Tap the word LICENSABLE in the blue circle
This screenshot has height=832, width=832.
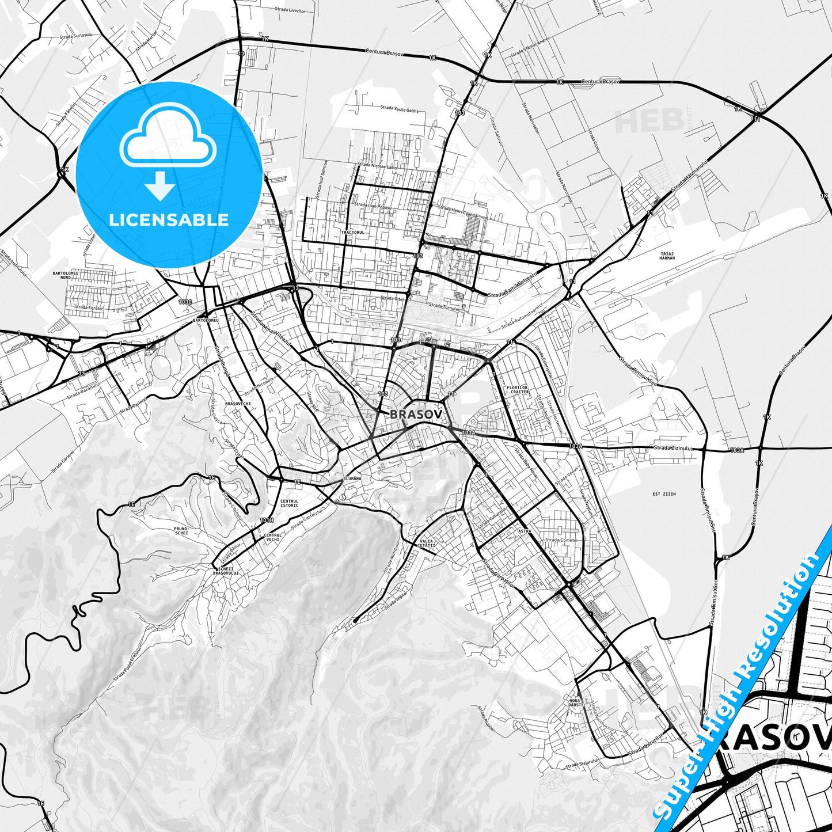(169, 220)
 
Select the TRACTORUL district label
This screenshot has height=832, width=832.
(353, 232)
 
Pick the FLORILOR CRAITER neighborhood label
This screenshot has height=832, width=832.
(518, 390)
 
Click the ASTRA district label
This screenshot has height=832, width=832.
(525, 531)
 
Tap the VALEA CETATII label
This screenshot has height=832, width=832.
(427, 544)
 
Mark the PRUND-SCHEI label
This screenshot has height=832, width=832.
(181, 530)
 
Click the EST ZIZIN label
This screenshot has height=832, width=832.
(664, 494)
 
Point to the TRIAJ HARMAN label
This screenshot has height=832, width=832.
(667, 256)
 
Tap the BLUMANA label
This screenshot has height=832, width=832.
(352, 478)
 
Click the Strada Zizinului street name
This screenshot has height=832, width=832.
(673, 448)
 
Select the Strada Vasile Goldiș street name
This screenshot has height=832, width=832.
(399, 108)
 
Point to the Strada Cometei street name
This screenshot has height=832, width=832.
(561, 540)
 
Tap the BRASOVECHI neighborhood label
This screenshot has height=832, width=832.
(238, 404)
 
